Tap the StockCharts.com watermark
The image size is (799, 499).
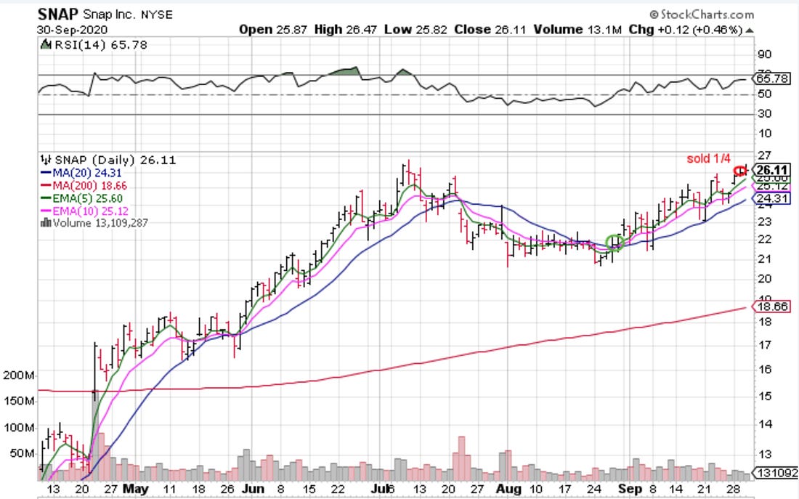(x=703, y=14)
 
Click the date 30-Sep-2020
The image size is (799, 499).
(x=71, y=30)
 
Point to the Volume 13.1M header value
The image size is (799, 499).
(x=570, y=30)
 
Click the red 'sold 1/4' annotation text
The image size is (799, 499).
(x=709, y=158)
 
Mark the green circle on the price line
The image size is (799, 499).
(x=615, y=242)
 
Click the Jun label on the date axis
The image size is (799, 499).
(x=253, y=489)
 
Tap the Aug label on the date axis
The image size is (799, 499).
(x=508, y=489)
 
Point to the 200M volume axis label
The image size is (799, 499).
(x=20, y=376)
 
